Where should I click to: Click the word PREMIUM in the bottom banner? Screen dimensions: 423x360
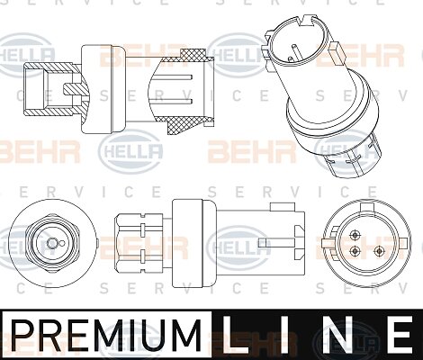coord(106,334)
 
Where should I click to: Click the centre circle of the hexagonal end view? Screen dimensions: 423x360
coord(52,243)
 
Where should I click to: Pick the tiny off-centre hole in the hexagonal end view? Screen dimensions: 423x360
coord(62,243)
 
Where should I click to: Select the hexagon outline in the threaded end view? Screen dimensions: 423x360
coord(52,243)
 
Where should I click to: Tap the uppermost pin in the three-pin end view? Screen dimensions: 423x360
coord(355,235)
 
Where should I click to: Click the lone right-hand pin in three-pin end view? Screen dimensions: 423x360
coord(379,250)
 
